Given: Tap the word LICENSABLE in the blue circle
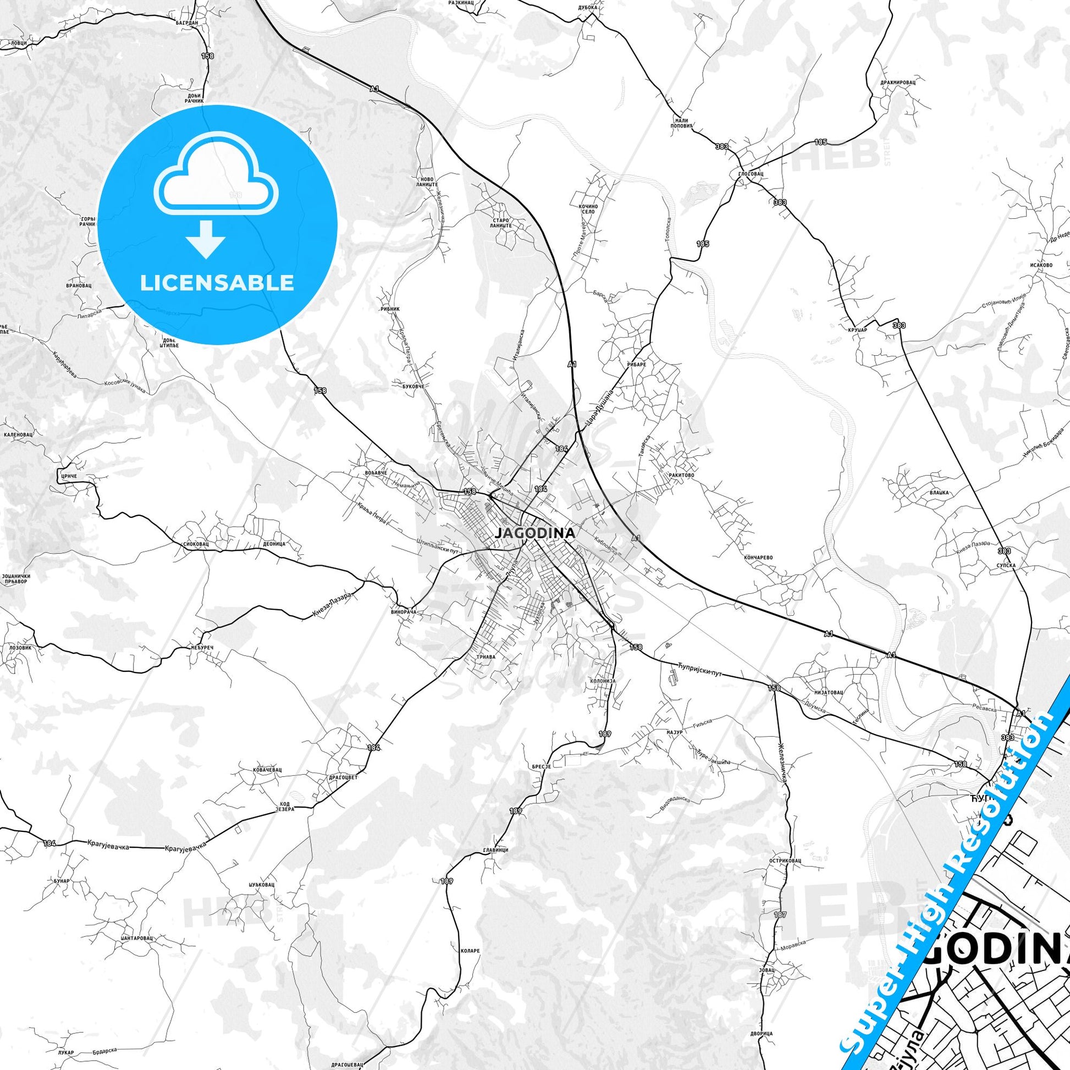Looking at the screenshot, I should [x=217, y=283].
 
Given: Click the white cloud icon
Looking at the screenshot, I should [x=217, y=174].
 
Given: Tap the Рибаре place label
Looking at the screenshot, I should [x=646, y=365].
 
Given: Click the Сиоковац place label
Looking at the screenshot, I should [x=196, y=544].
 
